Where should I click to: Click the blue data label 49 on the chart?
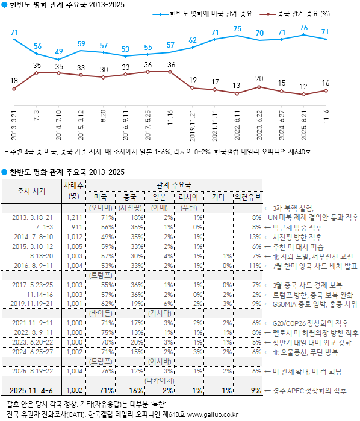[58, 52]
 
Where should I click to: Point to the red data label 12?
[304, 86]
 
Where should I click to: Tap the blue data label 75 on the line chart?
[237, 29]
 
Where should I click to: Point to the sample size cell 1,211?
[74, 217]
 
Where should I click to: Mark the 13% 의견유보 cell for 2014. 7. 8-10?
[256, 237]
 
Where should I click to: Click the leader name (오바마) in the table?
[98, 207]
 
